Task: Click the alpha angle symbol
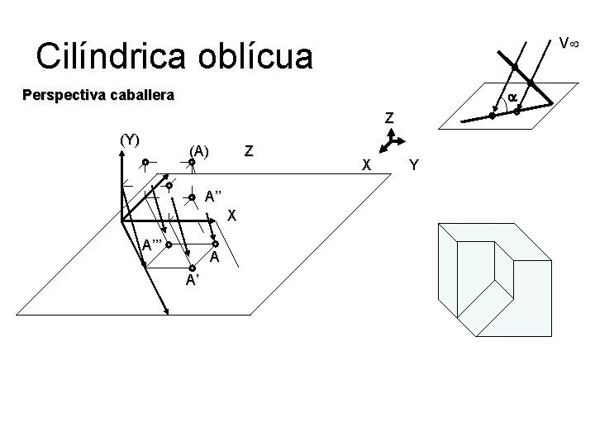(x=512, y=97)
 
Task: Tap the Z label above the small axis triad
(x=388, y=118)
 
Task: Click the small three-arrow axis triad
(x=388, y=143)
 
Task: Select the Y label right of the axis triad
(x=414, y=165)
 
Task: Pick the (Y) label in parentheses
(x=130, y=139)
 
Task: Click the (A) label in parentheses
(x=199, y=150)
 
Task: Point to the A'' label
(x=215, y=197)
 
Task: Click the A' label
(x=192, y=281)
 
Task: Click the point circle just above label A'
(x=191, y=266)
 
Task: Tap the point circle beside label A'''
(x=168, y=244)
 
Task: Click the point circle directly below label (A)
(x=191, y=163)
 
